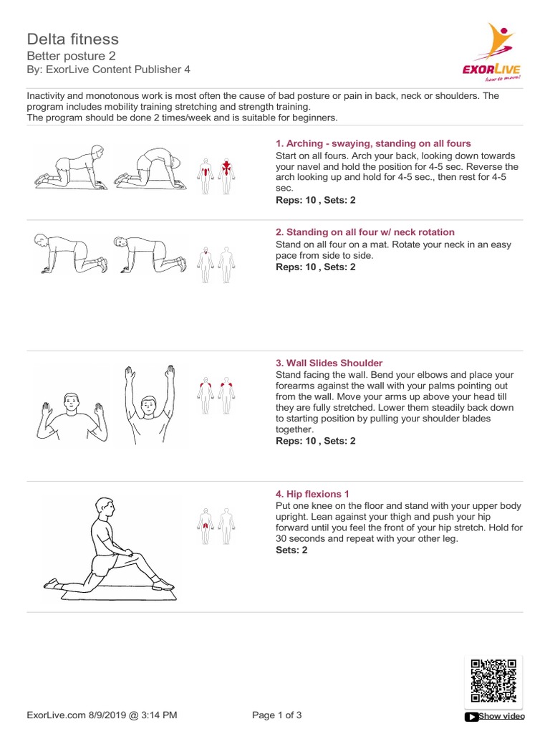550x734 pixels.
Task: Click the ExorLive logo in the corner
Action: (492, 52)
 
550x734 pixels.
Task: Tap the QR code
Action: (493, 681)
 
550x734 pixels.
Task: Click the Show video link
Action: (495, 716)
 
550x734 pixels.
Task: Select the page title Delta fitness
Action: (72, 39)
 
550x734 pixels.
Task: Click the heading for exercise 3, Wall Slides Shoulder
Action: (329, 363)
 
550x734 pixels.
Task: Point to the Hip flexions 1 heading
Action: (312, 494)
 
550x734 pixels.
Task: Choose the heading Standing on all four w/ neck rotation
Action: (365, 232)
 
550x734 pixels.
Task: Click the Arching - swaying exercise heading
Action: (373, 143)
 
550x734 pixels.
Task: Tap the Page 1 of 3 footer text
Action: (277, 715)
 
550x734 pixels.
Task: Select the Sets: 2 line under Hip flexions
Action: (291, 550)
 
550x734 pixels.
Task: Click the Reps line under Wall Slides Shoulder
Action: (315, 441)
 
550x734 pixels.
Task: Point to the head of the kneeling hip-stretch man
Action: (105, 507)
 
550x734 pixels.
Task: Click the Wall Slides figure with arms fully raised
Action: (149, 404)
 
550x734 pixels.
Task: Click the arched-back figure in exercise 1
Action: (149, 168)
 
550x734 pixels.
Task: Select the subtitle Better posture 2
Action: (71, 56)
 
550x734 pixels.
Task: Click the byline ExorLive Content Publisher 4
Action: (118, 70)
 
